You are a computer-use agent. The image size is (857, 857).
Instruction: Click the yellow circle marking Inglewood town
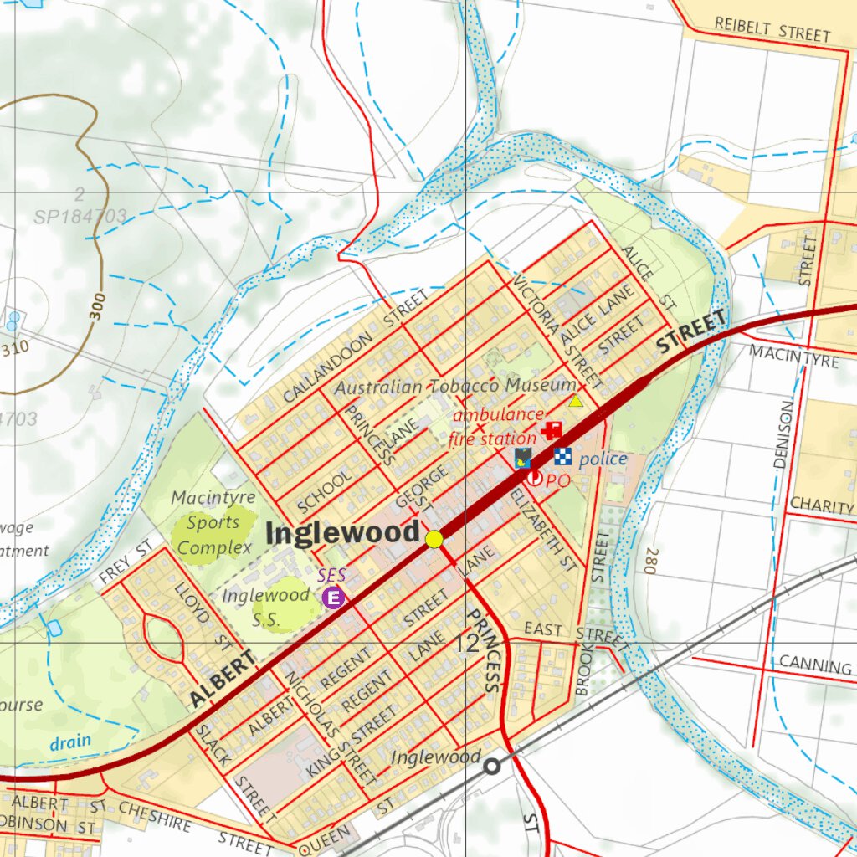[x=434, y=540]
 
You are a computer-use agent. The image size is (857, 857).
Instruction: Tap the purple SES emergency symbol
[x=334, y=597]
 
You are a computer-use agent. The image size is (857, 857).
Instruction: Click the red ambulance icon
[x=552, y=430]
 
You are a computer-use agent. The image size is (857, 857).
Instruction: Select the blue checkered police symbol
[x=562, y=457]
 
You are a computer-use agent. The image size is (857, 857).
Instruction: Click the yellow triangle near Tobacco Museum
[x=576, y=401]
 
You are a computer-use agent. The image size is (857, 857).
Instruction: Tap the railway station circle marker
[x=492, y=765]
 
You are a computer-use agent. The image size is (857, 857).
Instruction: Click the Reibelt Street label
[x=772, y=29]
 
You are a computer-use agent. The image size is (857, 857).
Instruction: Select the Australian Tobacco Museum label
[x=456, y=387]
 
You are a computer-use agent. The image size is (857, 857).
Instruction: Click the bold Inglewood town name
[x=343, y=533]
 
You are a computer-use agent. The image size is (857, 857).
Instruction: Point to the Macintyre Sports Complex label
[x=214, y=523]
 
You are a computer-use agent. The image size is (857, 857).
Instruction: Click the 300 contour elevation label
[x=97, y=307]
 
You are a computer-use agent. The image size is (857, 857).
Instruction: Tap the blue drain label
[x=69, y=742]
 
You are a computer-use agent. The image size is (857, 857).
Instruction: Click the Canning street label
[x=814, y=665]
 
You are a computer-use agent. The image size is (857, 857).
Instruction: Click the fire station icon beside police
[x=523, y=457]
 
